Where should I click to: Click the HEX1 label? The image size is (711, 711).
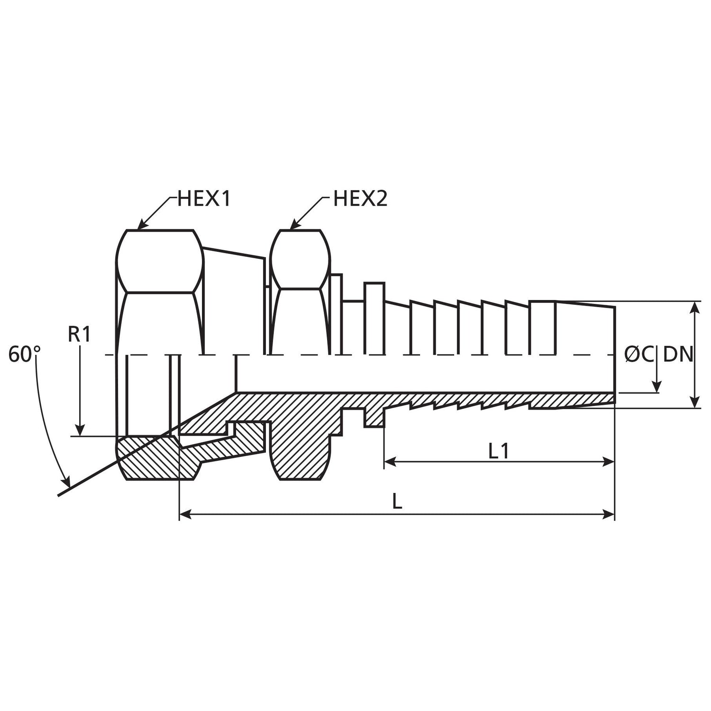204,199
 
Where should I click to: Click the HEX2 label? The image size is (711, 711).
360,199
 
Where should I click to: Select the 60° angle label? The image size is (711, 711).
25,355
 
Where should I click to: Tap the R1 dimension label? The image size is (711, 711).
79,335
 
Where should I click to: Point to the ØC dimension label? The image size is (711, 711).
639,355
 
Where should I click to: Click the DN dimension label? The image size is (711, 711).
678,355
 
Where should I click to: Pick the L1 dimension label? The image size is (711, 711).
499,451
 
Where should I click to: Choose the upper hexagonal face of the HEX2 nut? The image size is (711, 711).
300,259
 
